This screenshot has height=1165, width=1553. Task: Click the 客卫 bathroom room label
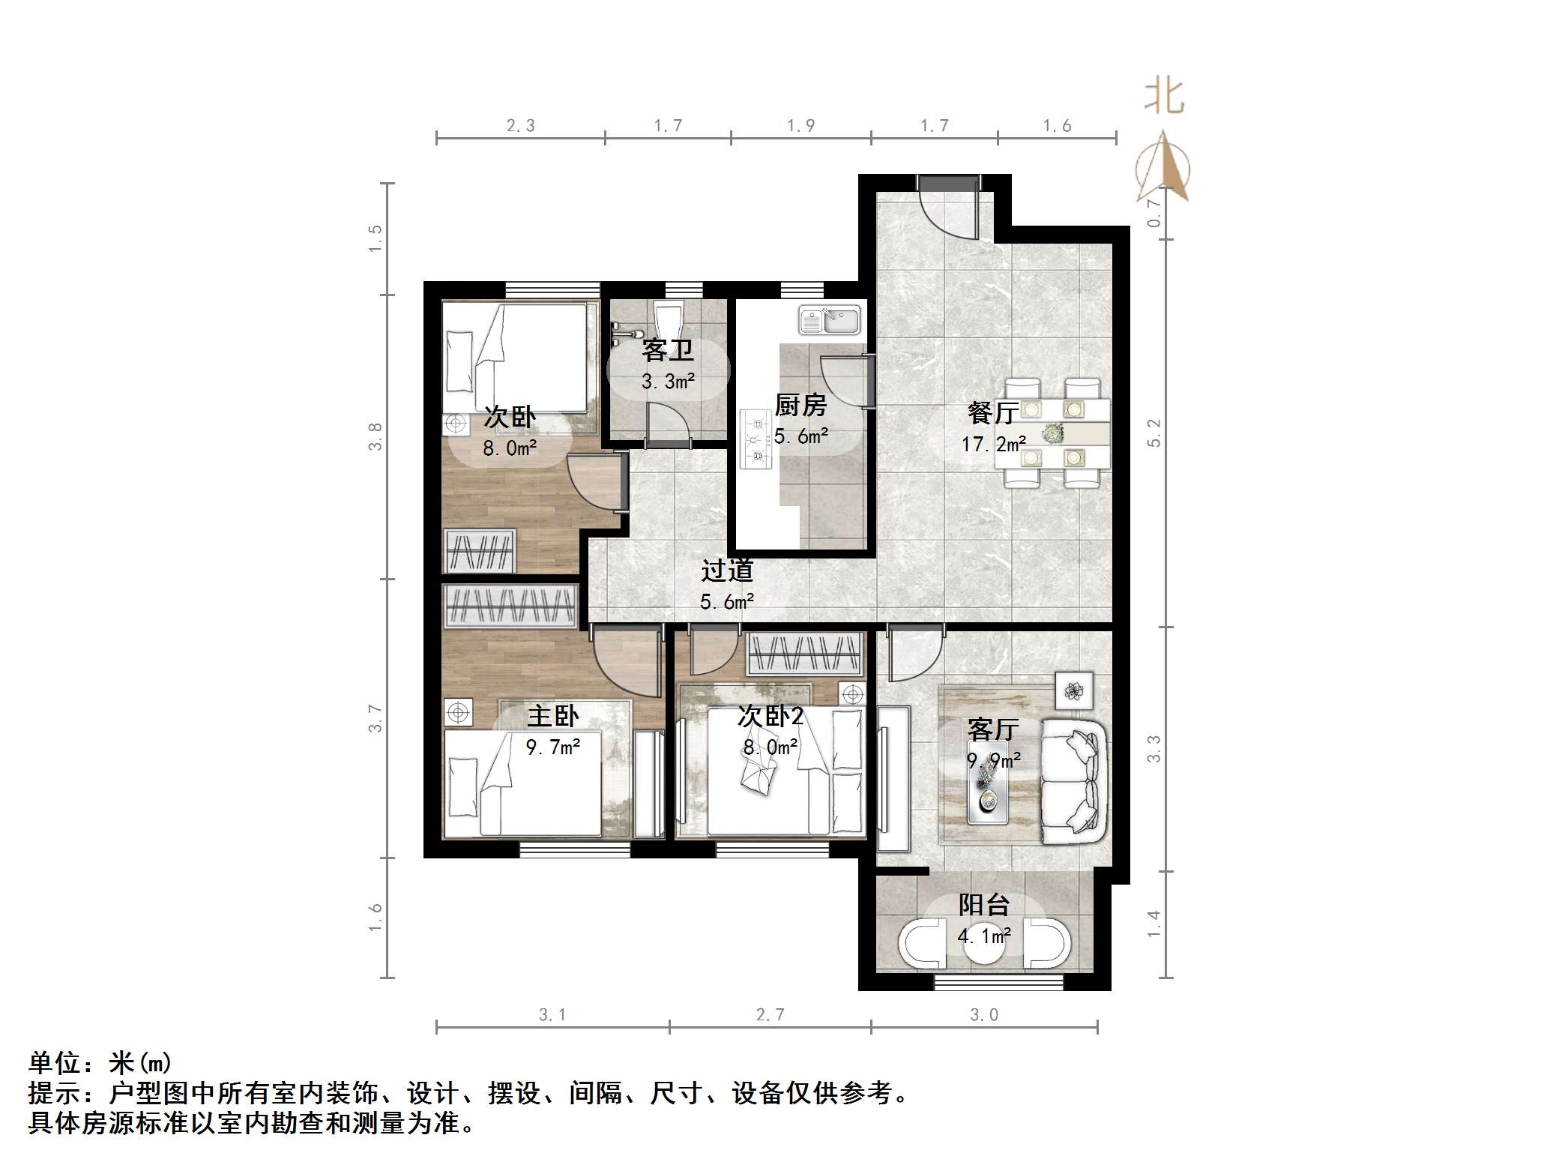pos(667,350)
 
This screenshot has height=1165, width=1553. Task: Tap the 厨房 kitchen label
pos(800,406)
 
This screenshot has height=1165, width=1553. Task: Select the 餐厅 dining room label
pos(993,412)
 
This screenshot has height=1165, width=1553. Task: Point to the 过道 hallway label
pos(726,571)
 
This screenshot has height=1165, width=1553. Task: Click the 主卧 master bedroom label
pos(552,716)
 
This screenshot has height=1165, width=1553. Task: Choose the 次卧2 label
pos(770,716)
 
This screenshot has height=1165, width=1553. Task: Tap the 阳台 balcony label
pos(983,905)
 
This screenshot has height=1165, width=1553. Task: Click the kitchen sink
pos(829,320)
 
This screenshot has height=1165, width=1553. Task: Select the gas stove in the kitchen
pos(756,439)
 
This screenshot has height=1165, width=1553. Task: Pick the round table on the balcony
pos(983,946)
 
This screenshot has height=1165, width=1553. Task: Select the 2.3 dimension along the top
pos(520,126)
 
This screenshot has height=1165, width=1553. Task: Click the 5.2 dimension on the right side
pos(1154,433)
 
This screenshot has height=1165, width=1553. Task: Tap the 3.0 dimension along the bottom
pos(983,1015)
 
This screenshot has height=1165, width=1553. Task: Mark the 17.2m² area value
pos(993,445)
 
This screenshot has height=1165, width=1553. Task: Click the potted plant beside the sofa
pos(1074,690)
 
